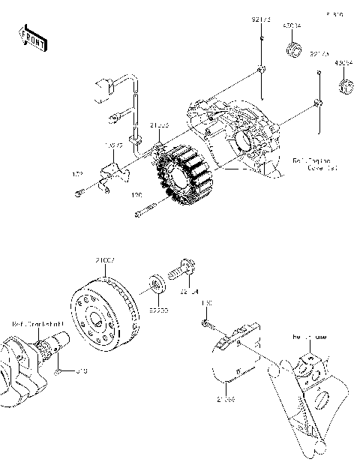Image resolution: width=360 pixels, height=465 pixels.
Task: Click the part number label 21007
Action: tap(104, 259)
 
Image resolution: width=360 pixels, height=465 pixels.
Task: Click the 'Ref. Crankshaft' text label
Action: tap(37, 324)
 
